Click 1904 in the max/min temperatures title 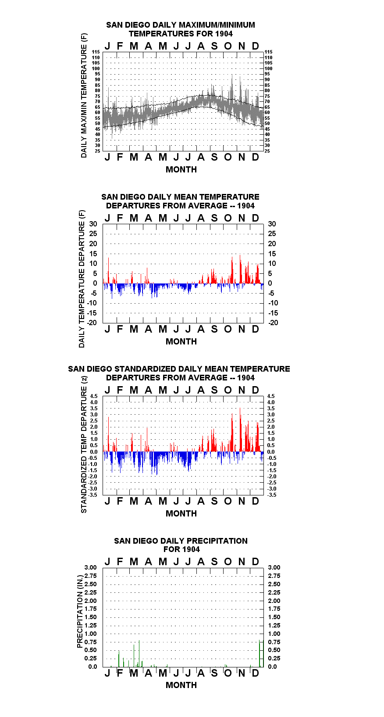coord(224,34)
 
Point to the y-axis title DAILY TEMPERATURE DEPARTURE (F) coord(82,279)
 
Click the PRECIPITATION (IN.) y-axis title coord(80,612)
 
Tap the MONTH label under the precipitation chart coord(181,685)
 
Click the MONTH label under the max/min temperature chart coord(181,169)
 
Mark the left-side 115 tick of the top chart coord(96,52)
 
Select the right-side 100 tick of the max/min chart coord(269,68)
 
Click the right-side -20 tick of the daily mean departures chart coord(274,323)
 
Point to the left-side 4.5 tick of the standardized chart coord(94,396)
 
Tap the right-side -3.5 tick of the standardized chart coord(272,495)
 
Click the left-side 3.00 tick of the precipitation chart coord(90,567)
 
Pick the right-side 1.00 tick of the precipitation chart coord(274,634)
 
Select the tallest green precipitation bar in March coord(139,653)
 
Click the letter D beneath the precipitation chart coord(255,673)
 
